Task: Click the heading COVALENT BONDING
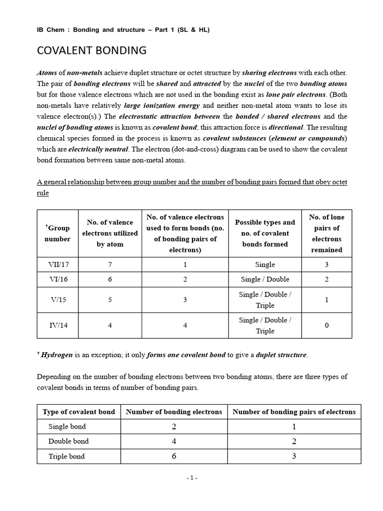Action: click(92, 50)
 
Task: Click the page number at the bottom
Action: click(192, 478)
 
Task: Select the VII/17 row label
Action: click(58, 264)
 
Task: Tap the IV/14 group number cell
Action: click(58, 325)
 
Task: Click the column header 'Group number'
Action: click(58, 233)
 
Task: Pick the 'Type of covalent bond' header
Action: click(79, 412)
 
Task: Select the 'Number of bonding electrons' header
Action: click(174, 412)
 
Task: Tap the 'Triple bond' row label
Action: click(66, 456)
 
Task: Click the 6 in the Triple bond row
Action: click(174, 456)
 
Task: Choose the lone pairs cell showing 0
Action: click(327, 325)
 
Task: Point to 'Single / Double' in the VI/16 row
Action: click(265, 279)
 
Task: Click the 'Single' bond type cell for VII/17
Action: click(265, 264)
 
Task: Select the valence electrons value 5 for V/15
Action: click(110, 300)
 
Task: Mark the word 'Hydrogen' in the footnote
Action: click(57, 355)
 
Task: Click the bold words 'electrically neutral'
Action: click(98, 149)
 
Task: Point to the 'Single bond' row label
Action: click(67, 426)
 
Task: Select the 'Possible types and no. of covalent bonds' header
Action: click(265, 233)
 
